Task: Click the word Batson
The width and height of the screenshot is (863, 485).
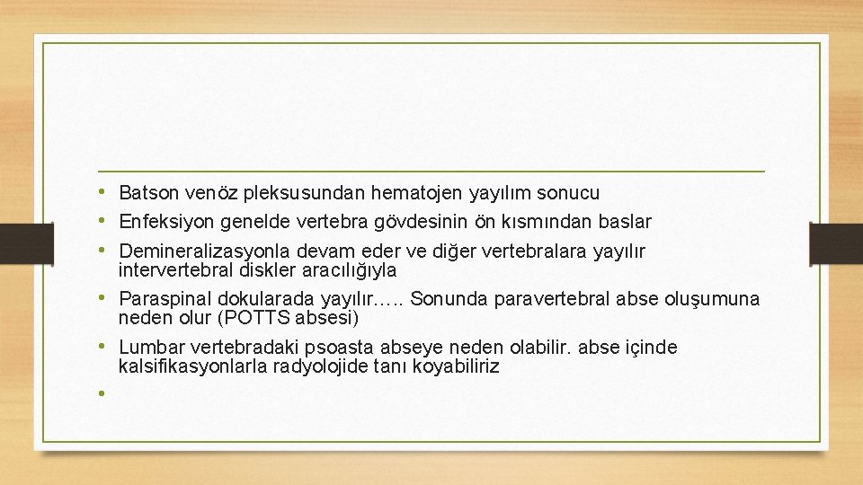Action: [148, 192]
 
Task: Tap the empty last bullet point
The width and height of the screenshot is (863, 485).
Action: [103, 392]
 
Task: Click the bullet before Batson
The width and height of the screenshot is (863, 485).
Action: [103, 191]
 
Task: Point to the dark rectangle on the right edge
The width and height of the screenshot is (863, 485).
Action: [835, 243]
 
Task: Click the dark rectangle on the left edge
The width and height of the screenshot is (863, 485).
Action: [15, 243]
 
